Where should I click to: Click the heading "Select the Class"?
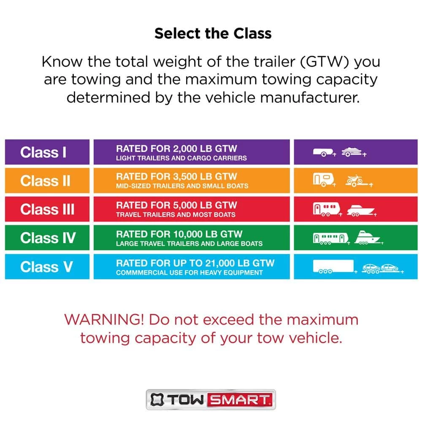[213, 34]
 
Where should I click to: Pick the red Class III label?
[47, 209]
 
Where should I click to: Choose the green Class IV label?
[47, 238]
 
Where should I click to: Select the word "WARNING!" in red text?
[104, 320]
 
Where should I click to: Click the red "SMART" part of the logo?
[241, 400]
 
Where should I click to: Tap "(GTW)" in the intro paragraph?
[324, 62]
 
